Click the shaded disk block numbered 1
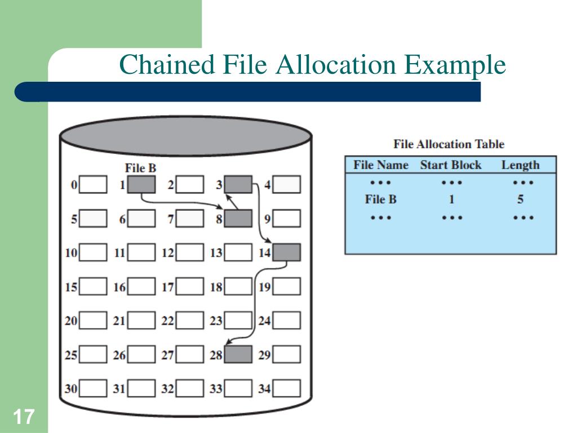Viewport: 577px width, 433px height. (141, 184)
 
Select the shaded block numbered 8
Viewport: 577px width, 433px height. (238, 218)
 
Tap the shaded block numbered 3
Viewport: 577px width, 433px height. (238, 184)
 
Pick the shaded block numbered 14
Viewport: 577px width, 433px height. (286, 253)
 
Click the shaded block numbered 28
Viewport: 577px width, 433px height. (238, 355)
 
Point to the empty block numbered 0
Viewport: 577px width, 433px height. (93, 184)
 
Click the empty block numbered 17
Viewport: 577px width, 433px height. (189, 287)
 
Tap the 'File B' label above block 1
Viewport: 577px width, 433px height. (140, 168)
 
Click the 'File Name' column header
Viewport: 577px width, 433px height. (380, 165)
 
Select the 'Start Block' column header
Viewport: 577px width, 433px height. (451, 165)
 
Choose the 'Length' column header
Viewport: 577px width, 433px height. (520, 165)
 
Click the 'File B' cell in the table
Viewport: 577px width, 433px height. (380, 200)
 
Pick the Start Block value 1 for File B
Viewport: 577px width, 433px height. (451, 200)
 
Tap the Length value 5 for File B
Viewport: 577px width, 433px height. (521, 200)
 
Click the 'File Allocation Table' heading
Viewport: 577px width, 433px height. (449, 144)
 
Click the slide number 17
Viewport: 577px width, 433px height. (24, 418)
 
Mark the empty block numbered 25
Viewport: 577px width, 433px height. (93, 355)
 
